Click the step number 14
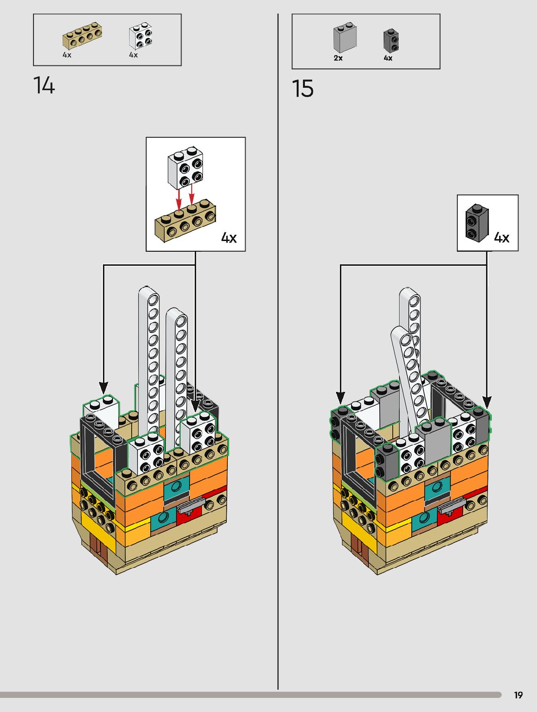point(44,85)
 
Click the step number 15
point(303,89)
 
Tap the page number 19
point(518,695)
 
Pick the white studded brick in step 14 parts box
point(140,36)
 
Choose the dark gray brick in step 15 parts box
point(391,40)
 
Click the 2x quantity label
point(338,58)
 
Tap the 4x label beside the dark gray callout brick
point(502,237)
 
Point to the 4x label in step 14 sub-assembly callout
point(229,238)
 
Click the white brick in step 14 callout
point(185,167)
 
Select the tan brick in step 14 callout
point(185,221)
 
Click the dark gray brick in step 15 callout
point(477,223)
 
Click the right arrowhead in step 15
point(487,402)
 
